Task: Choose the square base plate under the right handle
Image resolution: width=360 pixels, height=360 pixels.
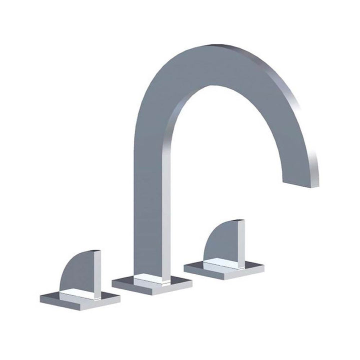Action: pos(223,269)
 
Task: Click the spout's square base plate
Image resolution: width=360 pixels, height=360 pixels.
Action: pos(152,284)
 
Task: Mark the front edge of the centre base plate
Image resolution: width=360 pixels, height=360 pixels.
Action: pos(150,289)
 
